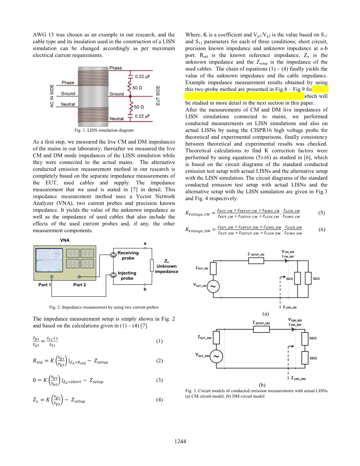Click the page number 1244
pos(180,441)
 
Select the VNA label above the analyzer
pos(65,240)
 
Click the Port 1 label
pos(45,285)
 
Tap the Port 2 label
pos(79,285)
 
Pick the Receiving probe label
pos(128,255)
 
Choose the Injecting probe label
pos(127,275)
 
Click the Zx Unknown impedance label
pos(166,266)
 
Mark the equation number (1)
pos(159,341)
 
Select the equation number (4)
pos(159,400)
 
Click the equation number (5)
pos(321,213)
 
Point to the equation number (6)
pos(321,230)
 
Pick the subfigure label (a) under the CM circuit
pos(265,314)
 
